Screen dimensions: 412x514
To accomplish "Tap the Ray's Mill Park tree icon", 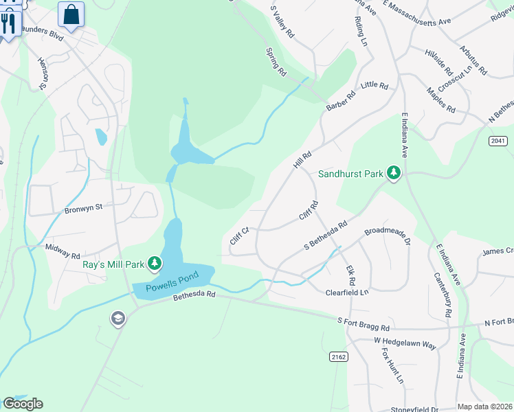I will [155, 263].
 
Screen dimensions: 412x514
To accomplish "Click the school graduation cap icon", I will [118, 319].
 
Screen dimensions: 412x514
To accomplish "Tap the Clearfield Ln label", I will [347, 293].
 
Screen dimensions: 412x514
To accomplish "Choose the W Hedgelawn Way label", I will [405, 343].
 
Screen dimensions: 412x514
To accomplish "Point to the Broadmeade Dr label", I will [387, 236].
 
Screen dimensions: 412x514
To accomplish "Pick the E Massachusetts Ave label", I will [416, 14].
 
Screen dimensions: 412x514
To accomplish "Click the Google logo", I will [23, 404].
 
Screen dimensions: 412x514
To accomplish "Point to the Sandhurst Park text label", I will [350, 174].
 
